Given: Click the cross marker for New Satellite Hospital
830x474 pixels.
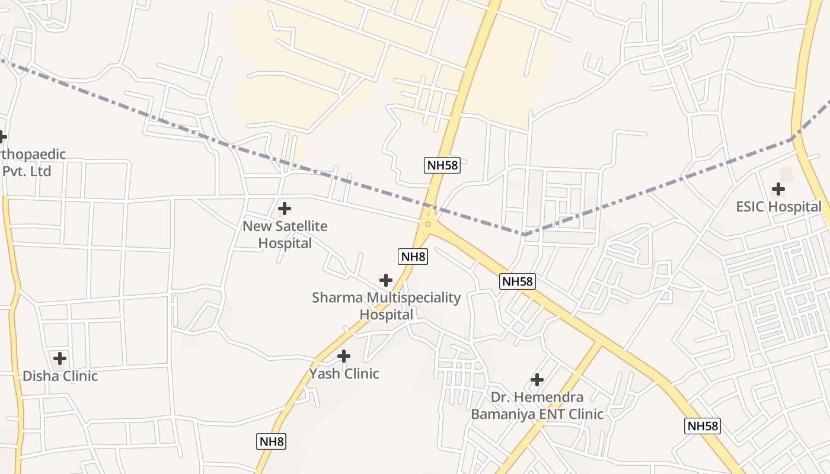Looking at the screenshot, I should click(x=285, y=209).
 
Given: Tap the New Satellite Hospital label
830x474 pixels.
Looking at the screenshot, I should click(x=285, y=235).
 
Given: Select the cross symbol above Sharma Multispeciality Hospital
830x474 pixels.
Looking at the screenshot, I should click(x=386, y=280).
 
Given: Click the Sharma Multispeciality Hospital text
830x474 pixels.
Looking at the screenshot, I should click(x=386, y=306).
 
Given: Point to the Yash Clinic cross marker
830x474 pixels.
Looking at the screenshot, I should click(x=344, y=356).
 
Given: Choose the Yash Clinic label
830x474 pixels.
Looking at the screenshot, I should click(x=344, y=374).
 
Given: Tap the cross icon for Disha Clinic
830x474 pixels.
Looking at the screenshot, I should click(x=60, y=358).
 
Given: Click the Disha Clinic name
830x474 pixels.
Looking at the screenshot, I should click(x=60, y=376).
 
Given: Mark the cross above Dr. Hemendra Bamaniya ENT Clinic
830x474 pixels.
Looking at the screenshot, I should click(x=537, y=379).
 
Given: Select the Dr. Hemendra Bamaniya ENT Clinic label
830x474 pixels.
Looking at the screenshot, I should click(x=537, y=405).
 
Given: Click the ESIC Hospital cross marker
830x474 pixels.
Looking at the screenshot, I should click(x=778, y=189).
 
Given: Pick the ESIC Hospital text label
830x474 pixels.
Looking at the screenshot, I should click(x=778, y=207).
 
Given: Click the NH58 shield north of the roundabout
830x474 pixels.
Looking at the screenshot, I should click(x=443, y=165).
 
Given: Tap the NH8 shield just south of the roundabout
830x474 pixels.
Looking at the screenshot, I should click(x=413, y=257).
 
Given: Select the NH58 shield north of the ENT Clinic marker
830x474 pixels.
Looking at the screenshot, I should click(x=518, y=281).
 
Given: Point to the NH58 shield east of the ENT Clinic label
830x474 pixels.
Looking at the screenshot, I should click(x=703, y=426).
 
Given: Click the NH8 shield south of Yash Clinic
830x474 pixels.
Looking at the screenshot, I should click(x=272, y=441).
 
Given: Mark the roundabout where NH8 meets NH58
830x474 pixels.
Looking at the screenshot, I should click(x=428, y=224).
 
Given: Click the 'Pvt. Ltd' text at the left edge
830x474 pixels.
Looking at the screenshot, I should click(x=27, y=171).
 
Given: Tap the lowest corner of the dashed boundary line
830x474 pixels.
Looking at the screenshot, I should click(x=524, y=235).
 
